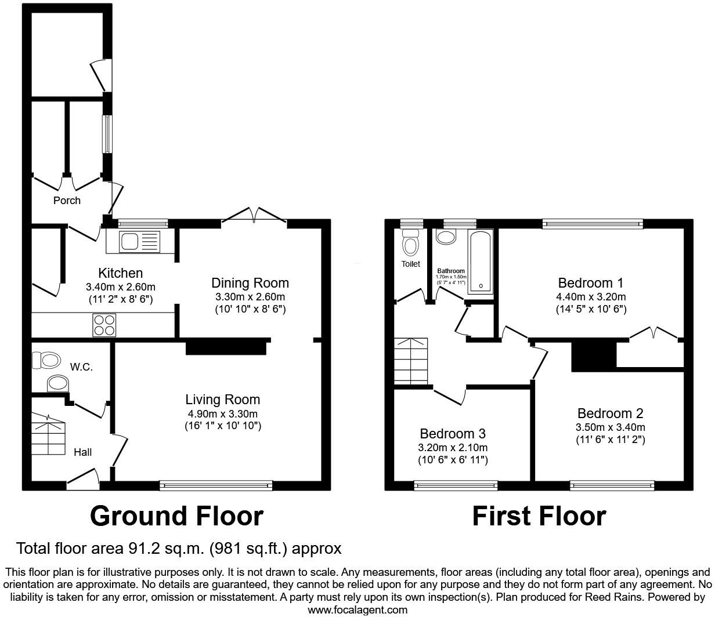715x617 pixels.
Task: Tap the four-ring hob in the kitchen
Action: (x=104, y=325)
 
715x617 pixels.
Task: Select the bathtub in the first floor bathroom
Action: (x=481, y=262)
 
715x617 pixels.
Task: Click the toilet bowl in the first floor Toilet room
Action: (x=411, y=244)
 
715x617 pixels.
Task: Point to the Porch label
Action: (x=67, y=201)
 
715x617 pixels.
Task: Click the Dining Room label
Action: (x=250, y=283)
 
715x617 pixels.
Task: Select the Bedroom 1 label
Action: (x=590, y=283)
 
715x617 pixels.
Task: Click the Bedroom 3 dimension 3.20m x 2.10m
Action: (x=453, y=448)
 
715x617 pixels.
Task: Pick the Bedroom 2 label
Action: (x=610, y=413)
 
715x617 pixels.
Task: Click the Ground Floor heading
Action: (x=176, y=516)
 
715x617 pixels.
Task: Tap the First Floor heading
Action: (x=539, y=516)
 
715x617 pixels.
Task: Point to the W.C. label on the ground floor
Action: (x=81, y=367)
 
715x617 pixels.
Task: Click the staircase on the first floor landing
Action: (x=411, y=361)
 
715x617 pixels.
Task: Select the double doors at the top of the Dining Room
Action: (x=254, y=215)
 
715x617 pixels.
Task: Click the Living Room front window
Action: (x=216, y=486)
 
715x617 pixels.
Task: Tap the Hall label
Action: (x=82, y=452)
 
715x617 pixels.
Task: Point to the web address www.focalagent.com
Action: (x=358, y=609)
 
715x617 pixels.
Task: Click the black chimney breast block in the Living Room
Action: (x=226, y=347)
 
